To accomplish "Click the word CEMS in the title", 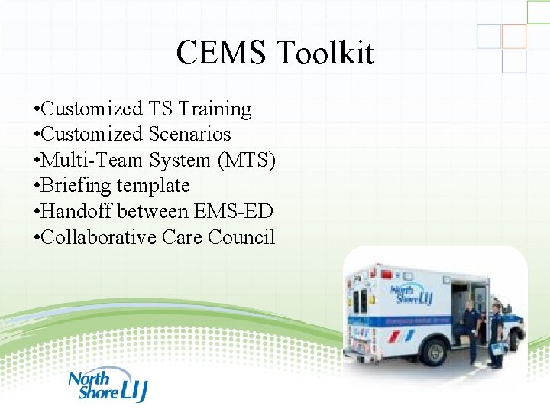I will pos(222,54).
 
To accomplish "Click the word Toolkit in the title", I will pos(325,54).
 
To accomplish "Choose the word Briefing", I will pos(78,186).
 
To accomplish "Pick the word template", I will pos(154,186).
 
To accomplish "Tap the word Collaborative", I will pos(99,238).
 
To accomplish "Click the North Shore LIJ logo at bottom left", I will pos(106,385).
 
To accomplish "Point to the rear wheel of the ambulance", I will pos(434,351).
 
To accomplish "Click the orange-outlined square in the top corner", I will pos(514,35).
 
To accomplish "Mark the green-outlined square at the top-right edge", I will pos(538,11).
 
